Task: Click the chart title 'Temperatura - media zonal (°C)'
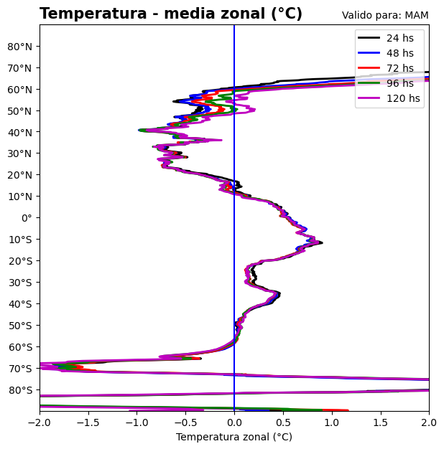click(x=171, y=14)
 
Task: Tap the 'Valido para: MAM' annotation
click(x=385, y=16)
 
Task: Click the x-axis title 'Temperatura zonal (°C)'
click(x=234, y=437)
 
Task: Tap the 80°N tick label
click(x=20, y=47)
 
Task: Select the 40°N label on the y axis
click(x=20, y=133)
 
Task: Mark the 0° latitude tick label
click(x=27, y=218)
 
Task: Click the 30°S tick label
click(x=20, y=283)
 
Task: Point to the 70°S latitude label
click(x=20, y=369)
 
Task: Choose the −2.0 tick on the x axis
click(x=40, y=422)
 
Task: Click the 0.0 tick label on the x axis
click(x=234, y=422)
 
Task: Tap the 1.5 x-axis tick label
click(x=381, y=422)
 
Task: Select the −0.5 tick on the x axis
click(x=186, y=422)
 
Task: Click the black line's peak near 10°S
click(x=322, y=243)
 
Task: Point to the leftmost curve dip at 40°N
click(x=139, y=130)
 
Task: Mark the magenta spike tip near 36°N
click(x=221, y=140)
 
